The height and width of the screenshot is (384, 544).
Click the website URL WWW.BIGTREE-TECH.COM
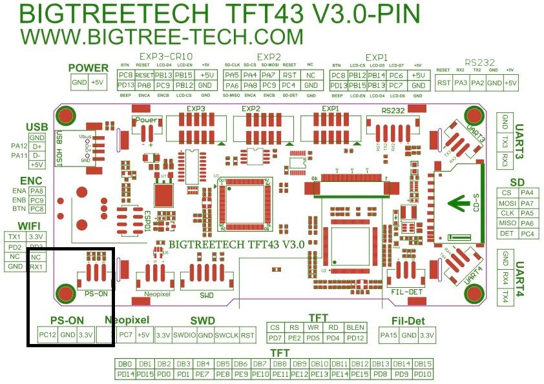162,36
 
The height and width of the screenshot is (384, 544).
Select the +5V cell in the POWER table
97,82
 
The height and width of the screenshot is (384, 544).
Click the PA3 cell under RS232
461,83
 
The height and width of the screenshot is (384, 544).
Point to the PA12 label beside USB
19,146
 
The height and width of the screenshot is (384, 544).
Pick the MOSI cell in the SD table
508,203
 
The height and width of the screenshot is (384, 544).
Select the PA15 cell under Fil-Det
388,335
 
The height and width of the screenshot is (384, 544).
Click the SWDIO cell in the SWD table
183,335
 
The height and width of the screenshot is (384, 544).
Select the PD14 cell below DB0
125,374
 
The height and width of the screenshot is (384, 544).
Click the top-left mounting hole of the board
65,116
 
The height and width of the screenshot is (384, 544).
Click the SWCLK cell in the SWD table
226,335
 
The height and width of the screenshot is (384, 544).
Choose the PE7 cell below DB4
202,374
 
